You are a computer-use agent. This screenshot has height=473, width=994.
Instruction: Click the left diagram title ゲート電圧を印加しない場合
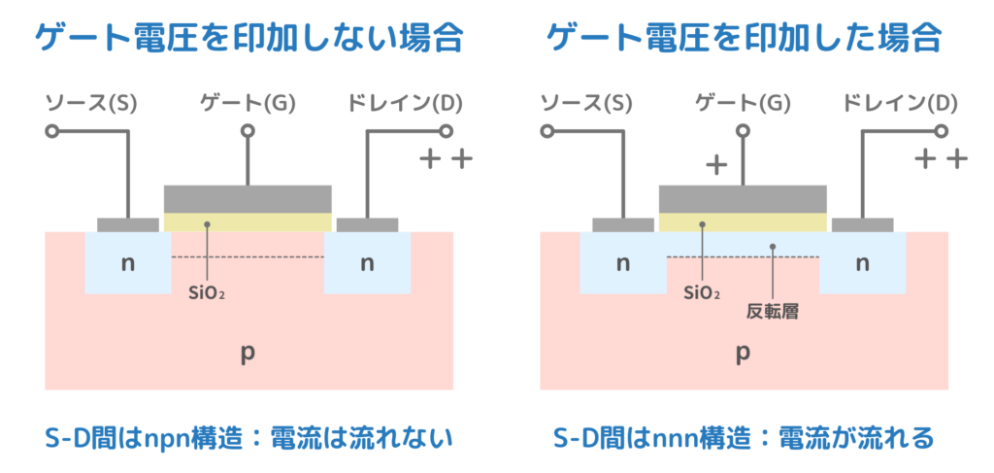pos(248,38)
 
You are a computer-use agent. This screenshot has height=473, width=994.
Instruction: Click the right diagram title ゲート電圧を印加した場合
pos(744,38)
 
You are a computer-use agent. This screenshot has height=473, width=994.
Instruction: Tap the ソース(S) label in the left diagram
pos(94,102)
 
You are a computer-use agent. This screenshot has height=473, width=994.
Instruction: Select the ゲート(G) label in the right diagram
pos(743,102)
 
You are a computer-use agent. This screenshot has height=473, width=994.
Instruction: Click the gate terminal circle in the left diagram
pos(248,131)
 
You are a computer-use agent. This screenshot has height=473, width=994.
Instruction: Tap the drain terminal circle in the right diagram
pos(941,131)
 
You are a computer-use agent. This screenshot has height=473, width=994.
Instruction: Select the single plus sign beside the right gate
pos(715,164)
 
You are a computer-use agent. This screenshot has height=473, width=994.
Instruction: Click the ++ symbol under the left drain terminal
pos(446,158)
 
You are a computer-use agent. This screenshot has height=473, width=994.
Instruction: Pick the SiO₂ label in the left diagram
pos(208,290)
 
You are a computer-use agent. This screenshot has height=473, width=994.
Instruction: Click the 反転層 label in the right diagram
pos(772,312)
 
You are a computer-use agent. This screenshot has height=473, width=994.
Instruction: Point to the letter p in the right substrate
pos(743,354)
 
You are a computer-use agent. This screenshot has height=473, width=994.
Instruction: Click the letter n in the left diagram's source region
pos(127,262)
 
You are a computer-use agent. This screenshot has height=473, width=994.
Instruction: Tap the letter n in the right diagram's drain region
pos(862,262)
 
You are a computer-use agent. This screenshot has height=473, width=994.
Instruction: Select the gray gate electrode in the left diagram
pos(248,198)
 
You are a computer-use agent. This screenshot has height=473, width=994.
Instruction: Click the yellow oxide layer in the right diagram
pos(743,222)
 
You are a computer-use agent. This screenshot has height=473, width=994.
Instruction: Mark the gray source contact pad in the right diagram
pos(622,224)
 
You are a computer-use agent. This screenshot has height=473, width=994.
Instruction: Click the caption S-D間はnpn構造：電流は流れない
pos(248,439)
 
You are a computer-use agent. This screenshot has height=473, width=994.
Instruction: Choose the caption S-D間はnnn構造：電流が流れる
pos(743,439)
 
